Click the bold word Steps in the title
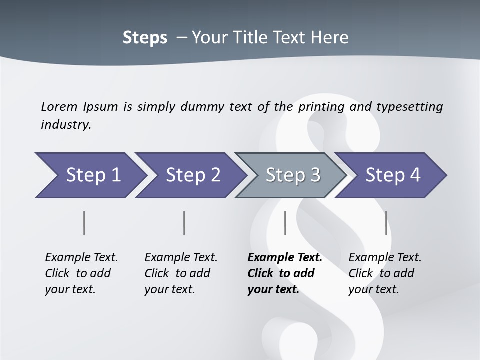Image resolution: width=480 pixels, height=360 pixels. coord(145,38)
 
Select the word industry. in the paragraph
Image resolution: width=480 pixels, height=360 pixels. coord(66,125)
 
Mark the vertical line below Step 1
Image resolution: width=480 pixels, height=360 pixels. coord(84,223)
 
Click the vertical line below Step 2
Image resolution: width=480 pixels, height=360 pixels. coord(184,223)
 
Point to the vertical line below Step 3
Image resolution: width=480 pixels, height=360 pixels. coord(285,223)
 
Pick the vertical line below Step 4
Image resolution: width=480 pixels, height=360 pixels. coord(386,223)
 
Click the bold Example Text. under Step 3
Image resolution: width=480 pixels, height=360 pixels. coord(285,258)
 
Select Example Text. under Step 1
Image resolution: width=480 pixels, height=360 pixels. coord(81,258)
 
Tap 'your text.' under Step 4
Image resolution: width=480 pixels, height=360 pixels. coord(373,289)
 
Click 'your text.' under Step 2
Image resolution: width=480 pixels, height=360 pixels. coord(169,289)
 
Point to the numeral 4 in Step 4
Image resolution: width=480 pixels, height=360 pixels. coord(415,175)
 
